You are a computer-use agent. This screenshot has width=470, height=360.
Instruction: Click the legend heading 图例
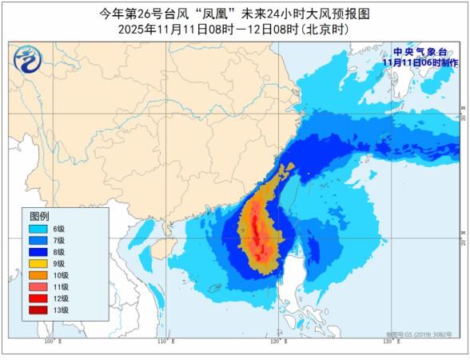click(39, 217)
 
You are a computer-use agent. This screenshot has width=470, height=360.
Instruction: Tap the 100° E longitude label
click(53, 342)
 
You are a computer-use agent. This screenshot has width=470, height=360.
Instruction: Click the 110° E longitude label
click(165, 342)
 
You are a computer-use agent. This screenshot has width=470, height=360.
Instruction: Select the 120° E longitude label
click(277, 342)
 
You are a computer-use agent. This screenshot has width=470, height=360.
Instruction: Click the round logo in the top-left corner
click(26, 58)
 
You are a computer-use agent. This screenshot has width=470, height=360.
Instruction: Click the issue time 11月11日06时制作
click(420, 62)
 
